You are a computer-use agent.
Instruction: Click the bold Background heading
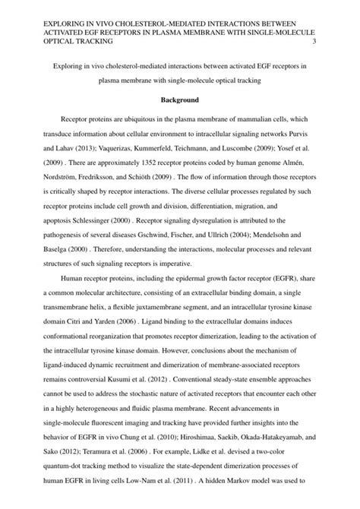(x=179, y=100)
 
